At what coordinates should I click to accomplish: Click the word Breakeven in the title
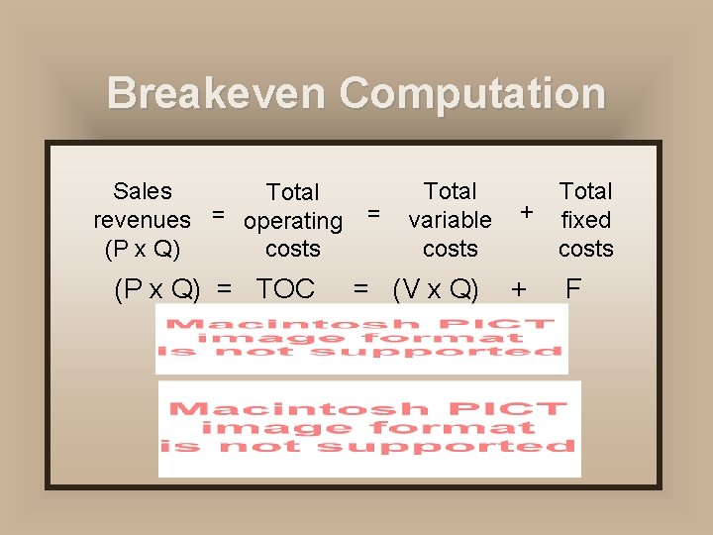(x=217, y=93)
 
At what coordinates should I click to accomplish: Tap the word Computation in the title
(x=471, y=93)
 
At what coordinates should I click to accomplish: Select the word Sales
(x=143, y=191)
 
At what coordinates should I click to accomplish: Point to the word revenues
(x=142, y=219)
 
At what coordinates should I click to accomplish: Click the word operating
(x=293, y=221)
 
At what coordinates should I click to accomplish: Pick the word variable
(x=450, y=219)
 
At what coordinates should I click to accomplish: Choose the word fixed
(x=585, y=219)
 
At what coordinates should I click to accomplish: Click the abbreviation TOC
(x=285, y=289)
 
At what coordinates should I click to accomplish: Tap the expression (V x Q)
(x=436, y=289)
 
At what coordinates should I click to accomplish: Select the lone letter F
(x=572, y=289)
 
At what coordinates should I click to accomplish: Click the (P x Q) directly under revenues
(x=143, y=249)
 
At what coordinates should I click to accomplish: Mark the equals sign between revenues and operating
(x=218, y=212)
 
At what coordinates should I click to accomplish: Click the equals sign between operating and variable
(x=373, y=212)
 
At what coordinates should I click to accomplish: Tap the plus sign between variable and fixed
(x=528, y=211)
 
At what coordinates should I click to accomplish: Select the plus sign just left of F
(x=517, y=289)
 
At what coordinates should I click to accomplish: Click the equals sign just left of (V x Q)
(x=361, y=289)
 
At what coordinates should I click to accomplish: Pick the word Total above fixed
(x=585, y=191)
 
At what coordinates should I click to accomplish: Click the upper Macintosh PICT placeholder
(x=361, y=338)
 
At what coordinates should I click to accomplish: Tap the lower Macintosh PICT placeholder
(x=369, y=428)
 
